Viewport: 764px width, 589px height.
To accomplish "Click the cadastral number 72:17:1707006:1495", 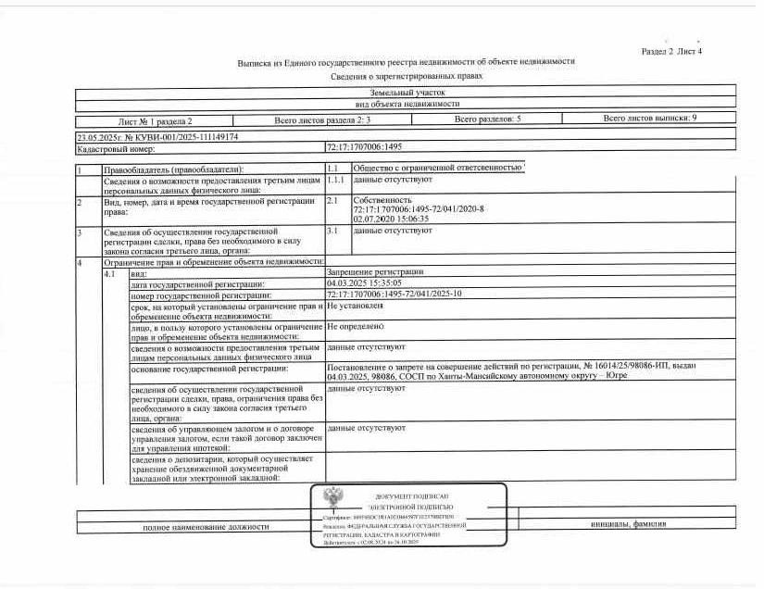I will coord(363,147).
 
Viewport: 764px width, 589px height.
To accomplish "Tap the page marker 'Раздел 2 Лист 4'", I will coord(671,51).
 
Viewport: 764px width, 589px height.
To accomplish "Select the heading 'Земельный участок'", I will coord(407,93).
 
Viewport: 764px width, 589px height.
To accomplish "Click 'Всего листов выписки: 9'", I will coord(649,119).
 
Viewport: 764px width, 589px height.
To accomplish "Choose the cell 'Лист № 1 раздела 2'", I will coord(155,121).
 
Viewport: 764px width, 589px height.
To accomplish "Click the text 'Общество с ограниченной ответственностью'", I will coord(438,168).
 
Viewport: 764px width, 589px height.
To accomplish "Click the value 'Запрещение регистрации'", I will coord(374,272).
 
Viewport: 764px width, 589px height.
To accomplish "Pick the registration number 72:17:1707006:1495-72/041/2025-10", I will coord(394,294).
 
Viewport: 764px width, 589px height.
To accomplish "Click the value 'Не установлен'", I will coord(355,305).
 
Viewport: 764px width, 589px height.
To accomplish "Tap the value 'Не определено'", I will coord(355,326).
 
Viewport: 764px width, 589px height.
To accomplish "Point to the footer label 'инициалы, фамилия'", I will coord(627,524).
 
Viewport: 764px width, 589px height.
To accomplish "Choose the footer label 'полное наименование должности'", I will coord(206,526).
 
